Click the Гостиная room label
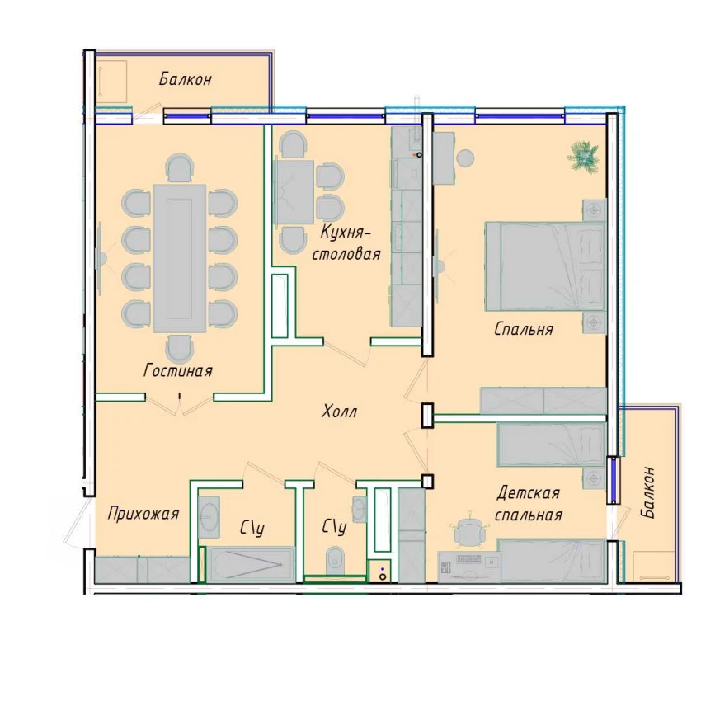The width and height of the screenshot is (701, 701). coord(178,370)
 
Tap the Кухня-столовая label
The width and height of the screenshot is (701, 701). coord(346,243)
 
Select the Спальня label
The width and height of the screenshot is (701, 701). coord(524,329)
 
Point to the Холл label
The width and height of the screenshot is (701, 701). coord(339,412)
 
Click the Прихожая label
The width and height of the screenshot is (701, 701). coord(143,514)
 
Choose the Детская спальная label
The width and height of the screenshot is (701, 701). coord(529,504)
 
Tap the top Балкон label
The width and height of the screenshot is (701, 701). coord(185,79)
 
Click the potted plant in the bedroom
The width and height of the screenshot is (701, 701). coord(583,155)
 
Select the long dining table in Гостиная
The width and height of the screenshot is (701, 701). coord(179,258)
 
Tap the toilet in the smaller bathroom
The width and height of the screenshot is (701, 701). coord(334,560)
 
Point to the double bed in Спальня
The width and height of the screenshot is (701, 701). coord(545,266)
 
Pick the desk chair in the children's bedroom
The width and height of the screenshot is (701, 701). coord(468,531)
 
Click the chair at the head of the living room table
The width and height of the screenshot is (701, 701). coord(180,167)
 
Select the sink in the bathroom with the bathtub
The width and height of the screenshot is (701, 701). coord(209,517)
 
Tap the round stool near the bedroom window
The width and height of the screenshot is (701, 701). coord(465,158)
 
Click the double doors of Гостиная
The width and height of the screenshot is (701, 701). coord(179,405)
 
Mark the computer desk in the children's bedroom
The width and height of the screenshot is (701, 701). coord(469,567)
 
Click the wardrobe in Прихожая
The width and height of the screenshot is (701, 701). coord(143,570)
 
